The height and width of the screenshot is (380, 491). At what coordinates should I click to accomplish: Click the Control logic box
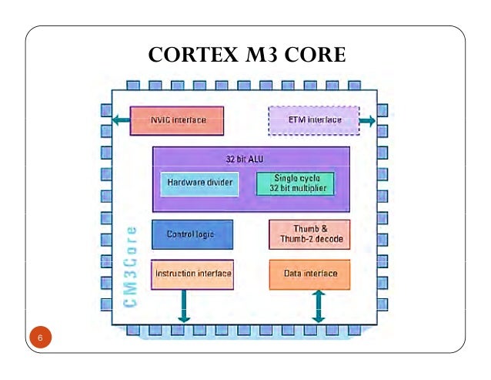point(192,234)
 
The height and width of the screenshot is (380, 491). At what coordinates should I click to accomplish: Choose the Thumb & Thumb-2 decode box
point(309,234)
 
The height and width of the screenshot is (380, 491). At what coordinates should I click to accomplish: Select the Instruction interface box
point(192,274)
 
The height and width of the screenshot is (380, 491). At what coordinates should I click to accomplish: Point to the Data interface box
point(309,274)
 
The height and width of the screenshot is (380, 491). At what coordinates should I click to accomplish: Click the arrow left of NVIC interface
point(119,120)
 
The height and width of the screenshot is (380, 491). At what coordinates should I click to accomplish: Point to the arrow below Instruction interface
point(184,306)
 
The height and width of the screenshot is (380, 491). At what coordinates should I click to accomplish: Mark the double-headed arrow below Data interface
point(317,306)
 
